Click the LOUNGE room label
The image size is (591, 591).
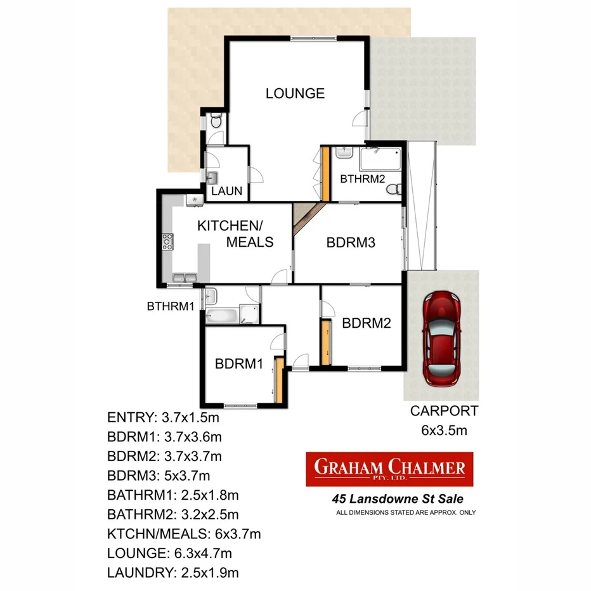[x=295, y=93]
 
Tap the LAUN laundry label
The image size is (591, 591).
[x=227, y=191]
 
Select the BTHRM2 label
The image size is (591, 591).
[x=363, y=179]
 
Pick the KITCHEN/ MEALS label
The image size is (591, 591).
[x=235, y=234]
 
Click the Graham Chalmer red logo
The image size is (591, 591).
[x=389, y=469]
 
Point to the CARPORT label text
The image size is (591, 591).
[x=444, y=411]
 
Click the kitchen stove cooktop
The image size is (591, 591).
[x=167, y=242]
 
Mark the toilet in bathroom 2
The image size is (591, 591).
[x=395, y=189]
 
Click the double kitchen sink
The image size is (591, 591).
[x=184, y=277]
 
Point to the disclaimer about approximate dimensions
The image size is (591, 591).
[x=406, y=512]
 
